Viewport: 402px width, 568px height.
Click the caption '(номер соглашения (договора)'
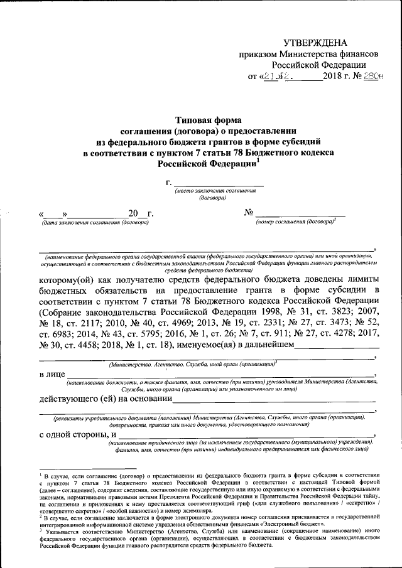tap(295, 222)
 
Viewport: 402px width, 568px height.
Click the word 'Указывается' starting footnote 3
tap(59, 530)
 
